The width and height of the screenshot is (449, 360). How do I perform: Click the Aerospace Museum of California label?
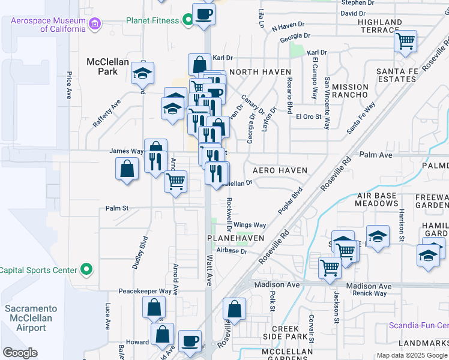tap(48, 25)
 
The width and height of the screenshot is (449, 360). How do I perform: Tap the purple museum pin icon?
tap(94, 25)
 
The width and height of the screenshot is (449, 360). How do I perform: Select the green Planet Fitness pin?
tap(188, 20)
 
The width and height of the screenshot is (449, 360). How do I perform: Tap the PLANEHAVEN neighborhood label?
tap(236, 238)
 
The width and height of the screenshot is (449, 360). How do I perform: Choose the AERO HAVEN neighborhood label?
tap(280, 170)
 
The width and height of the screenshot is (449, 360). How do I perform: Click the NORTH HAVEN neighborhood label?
tap(260, 72)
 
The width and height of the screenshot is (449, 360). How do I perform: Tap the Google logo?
tap(20, 352)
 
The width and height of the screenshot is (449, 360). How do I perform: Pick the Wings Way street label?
tap(250, 225)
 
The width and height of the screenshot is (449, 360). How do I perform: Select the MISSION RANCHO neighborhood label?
tap(350, 91)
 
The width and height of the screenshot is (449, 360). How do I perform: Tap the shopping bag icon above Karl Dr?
tap(199, 64)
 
